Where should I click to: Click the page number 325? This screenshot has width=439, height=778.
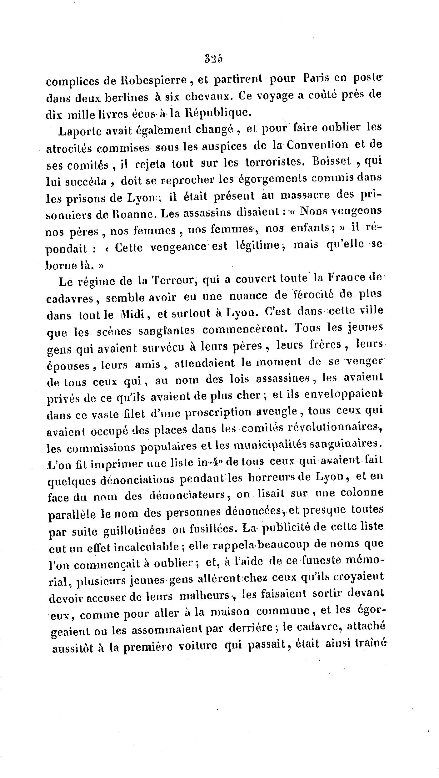pyautogui.click(x=213, y=59)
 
